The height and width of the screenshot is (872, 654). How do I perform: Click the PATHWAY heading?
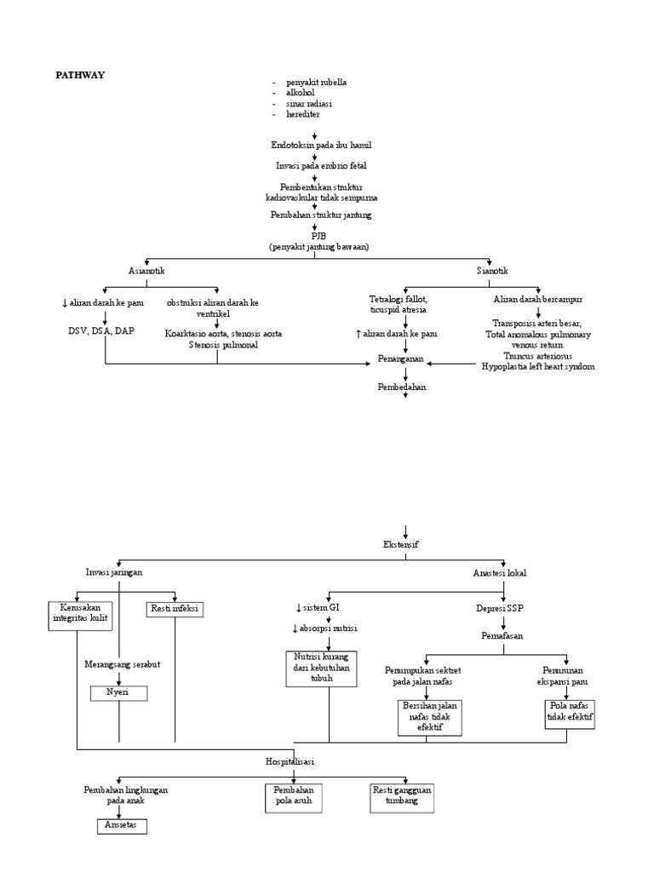coord(80,75)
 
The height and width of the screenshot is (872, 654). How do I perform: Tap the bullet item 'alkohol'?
coord(301,93)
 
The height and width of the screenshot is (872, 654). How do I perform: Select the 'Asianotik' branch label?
coord(147,270)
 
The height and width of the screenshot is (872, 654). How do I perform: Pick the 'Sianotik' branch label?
coord(491,270)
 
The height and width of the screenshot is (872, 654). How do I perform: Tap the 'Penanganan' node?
coord(400,360)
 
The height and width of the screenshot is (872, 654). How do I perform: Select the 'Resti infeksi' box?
coord(175,610)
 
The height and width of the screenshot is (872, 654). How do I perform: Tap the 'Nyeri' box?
coord(118,693)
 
